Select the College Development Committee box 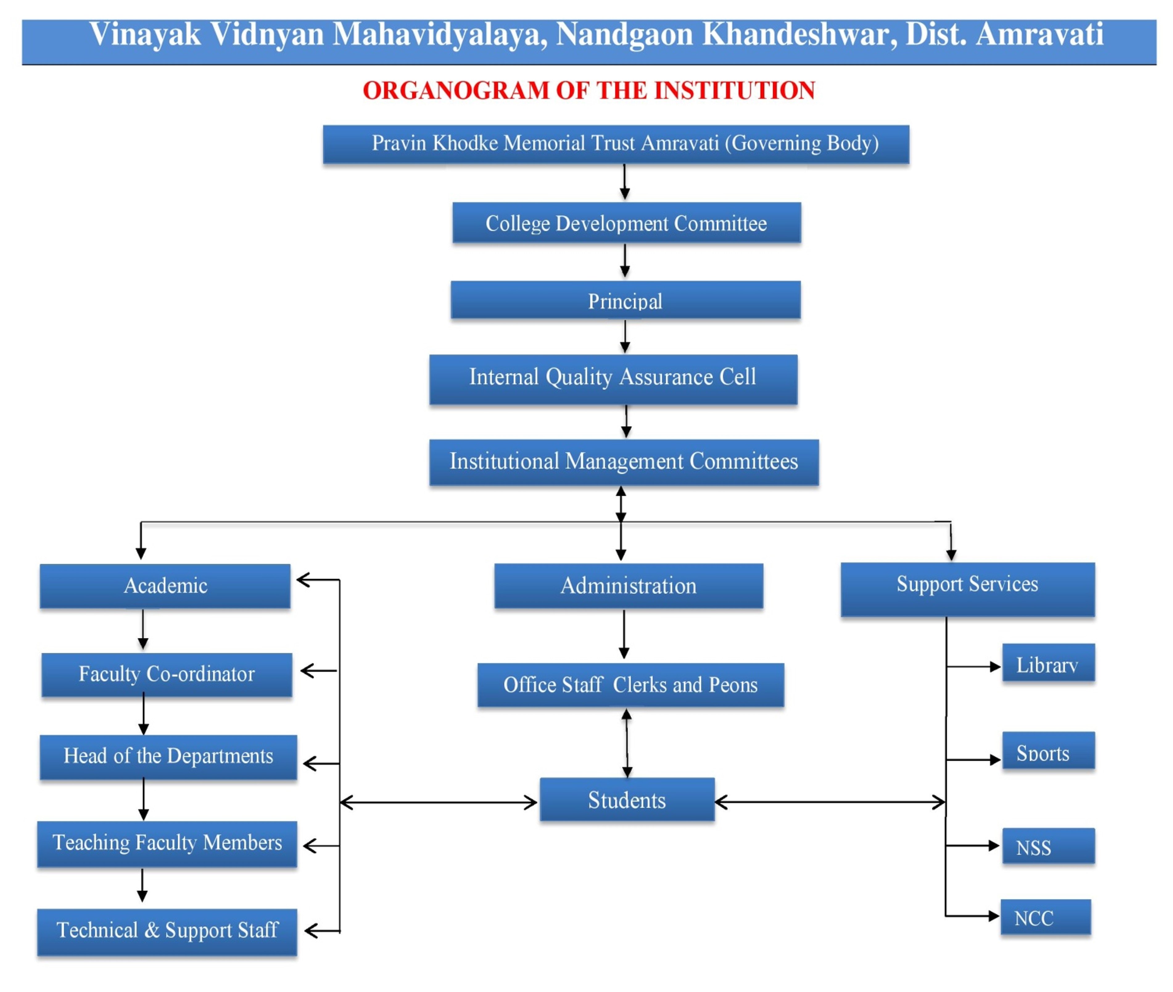[x=626, y=223]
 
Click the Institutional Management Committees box [x=623, y=462]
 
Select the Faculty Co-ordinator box [x=166, y=674]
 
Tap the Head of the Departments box [x=168, y=757]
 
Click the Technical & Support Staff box [x=167, y=931]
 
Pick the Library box [x=1048, y=664]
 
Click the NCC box [x=1045, y=918]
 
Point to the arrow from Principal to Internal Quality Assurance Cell [x=625, y=336]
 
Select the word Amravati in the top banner [x=1039, y=35]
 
